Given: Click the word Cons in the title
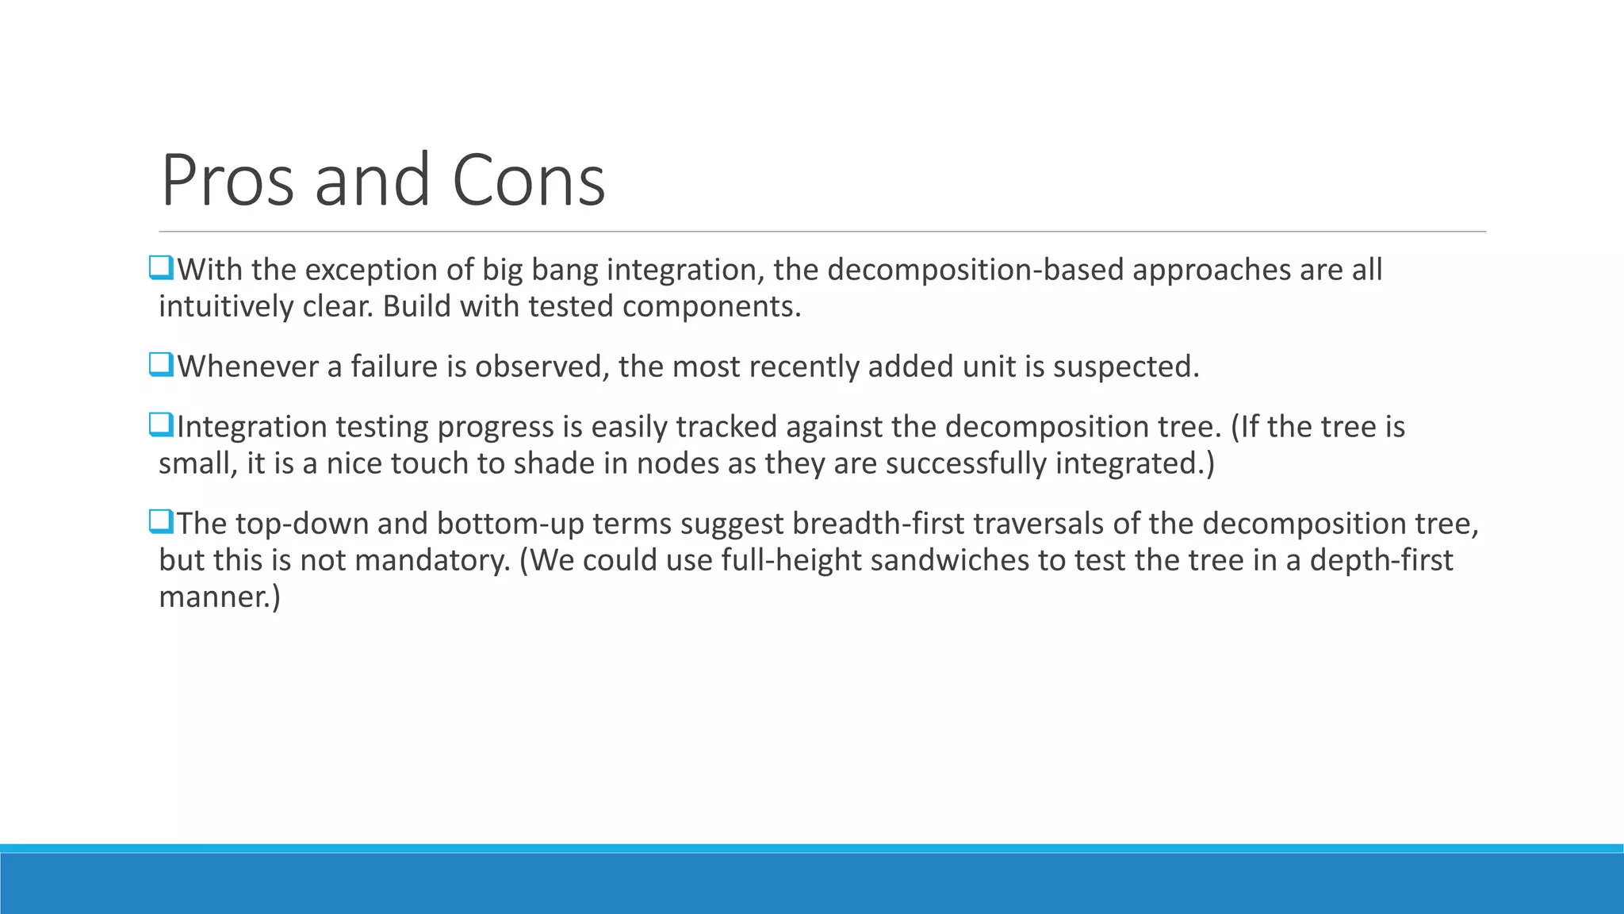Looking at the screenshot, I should [528, 181].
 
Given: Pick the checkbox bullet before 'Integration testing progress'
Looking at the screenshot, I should [161, 425].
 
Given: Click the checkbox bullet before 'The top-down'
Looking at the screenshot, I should [161, 522].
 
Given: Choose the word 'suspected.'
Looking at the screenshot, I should [1126, 367].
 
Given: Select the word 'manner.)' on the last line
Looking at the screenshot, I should [220, 597].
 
